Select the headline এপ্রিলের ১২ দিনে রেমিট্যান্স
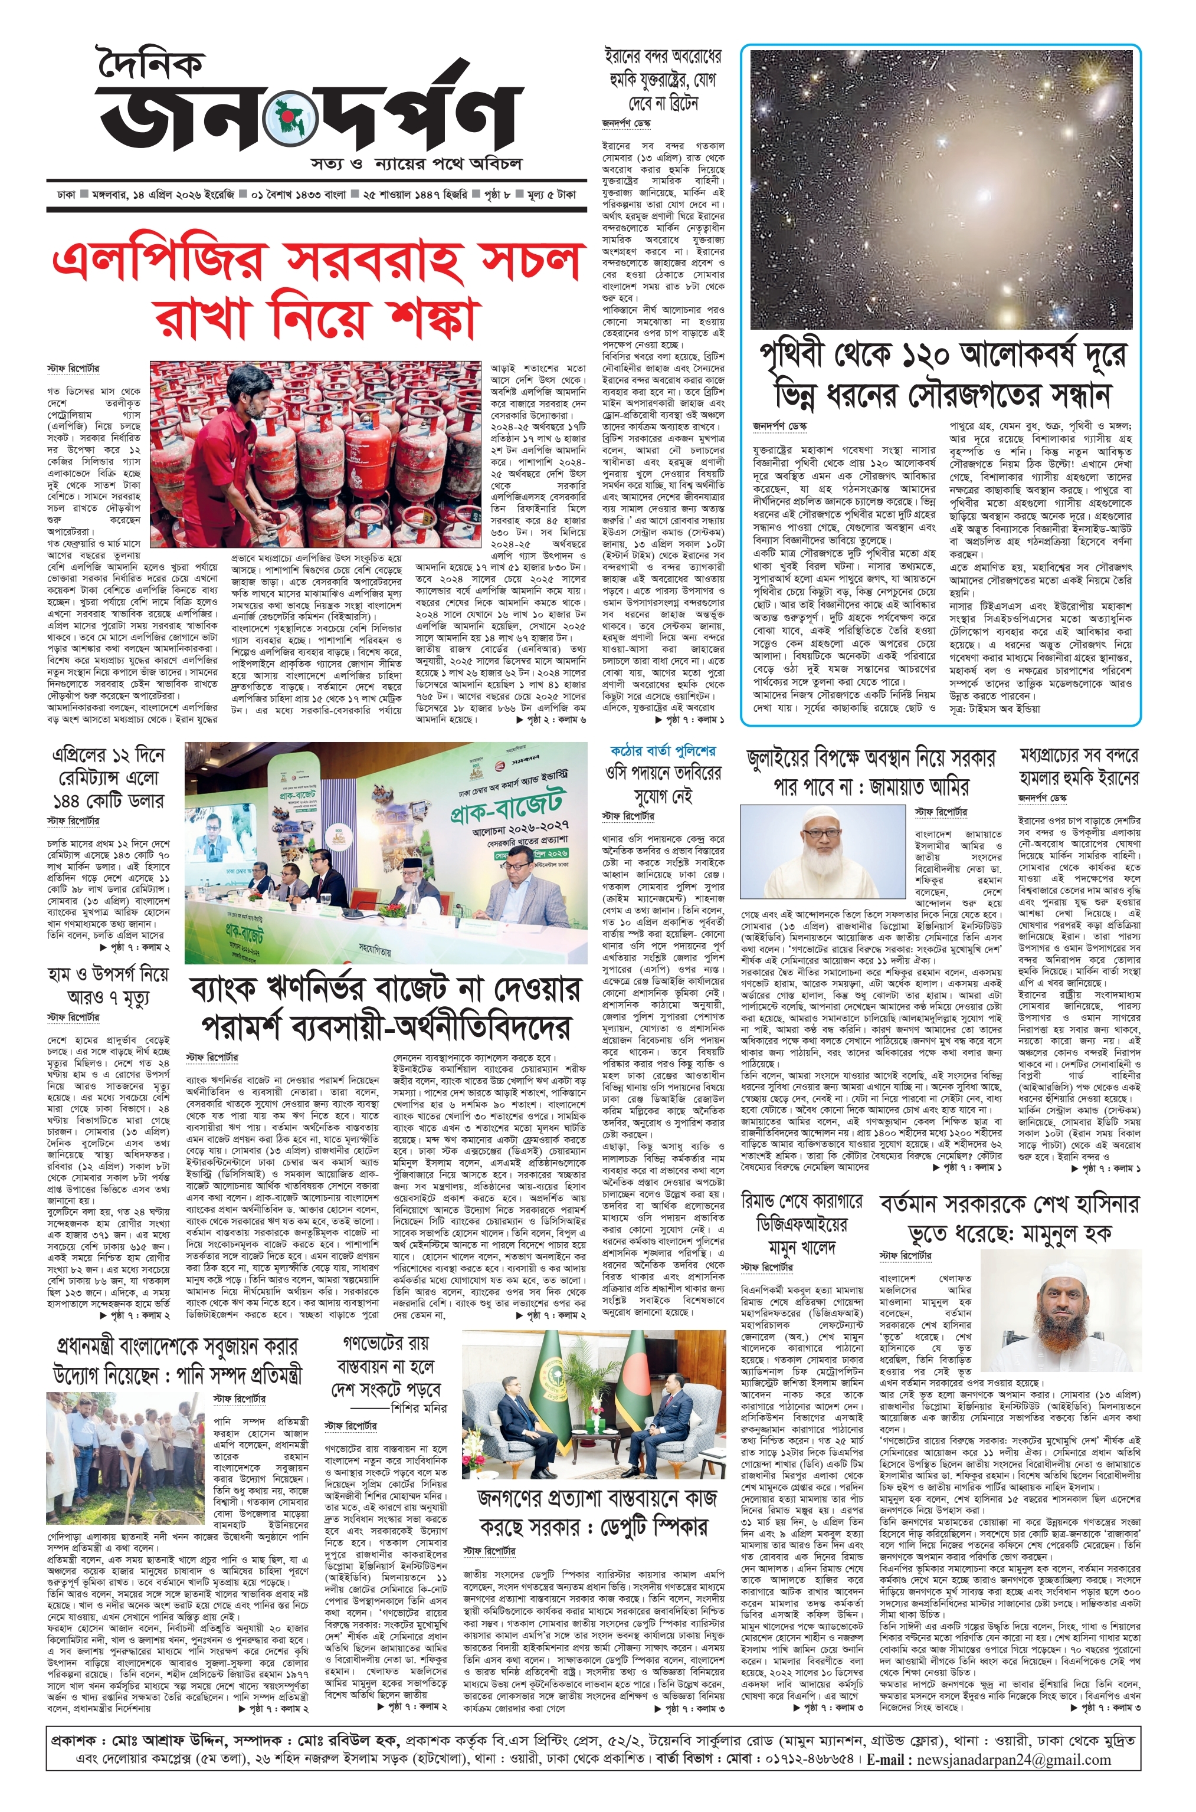tap(107, 777)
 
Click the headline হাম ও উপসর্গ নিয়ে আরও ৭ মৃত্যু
tap(107, 986)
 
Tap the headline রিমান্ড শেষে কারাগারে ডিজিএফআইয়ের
tap(801, 1225)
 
